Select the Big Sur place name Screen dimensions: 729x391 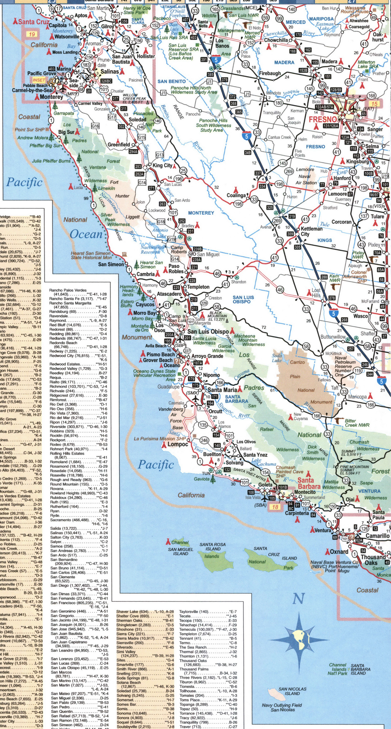point(66,132)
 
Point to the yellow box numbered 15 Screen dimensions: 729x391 point(374,104)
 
